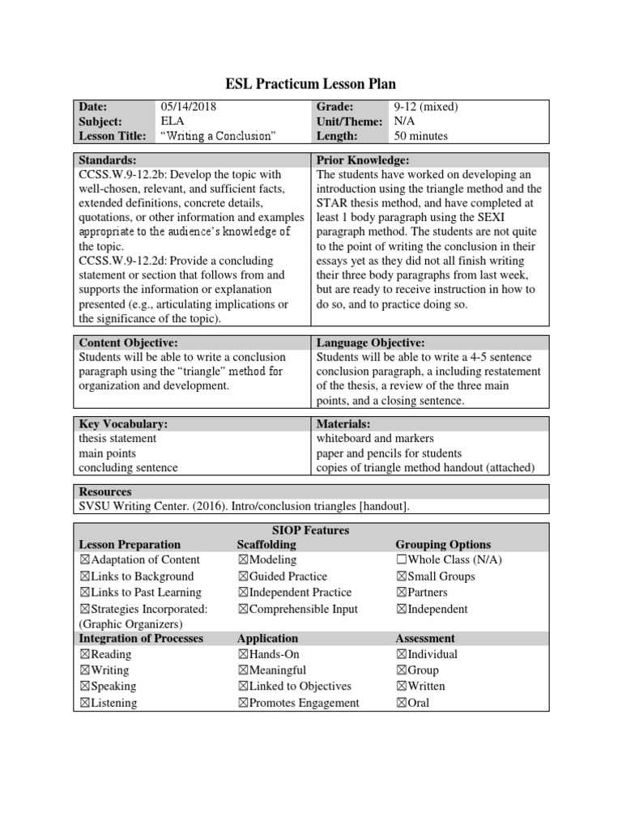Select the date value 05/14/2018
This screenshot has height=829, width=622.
coord(189,106)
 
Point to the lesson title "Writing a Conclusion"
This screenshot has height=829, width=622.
coord(213,136)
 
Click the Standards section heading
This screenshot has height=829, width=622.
coord(108,160)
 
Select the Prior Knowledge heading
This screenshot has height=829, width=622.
coord(363,160)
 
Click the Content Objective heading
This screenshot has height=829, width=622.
coord(128,343)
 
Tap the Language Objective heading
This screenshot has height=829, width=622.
coord(370,343)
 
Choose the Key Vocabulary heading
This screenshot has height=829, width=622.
coord(123,423)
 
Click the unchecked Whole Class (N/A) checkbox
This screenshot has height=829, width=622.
coord(401,560)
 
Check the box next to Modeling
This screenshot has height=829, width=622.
coord(243,560)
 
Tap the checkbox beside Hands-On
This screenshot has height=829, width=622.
coord(243,654)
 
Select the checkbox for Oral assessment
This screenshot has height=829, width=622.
coord(401,703)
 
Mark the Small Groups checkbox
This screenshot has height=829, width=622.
coord(401,576)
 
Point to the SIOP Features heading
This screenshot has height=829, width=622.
coord(310,530)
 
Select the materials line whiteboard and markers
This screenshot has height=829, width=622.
coord(375,438)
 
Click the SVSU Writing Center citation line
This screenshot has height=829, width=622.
coord(244,506)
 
